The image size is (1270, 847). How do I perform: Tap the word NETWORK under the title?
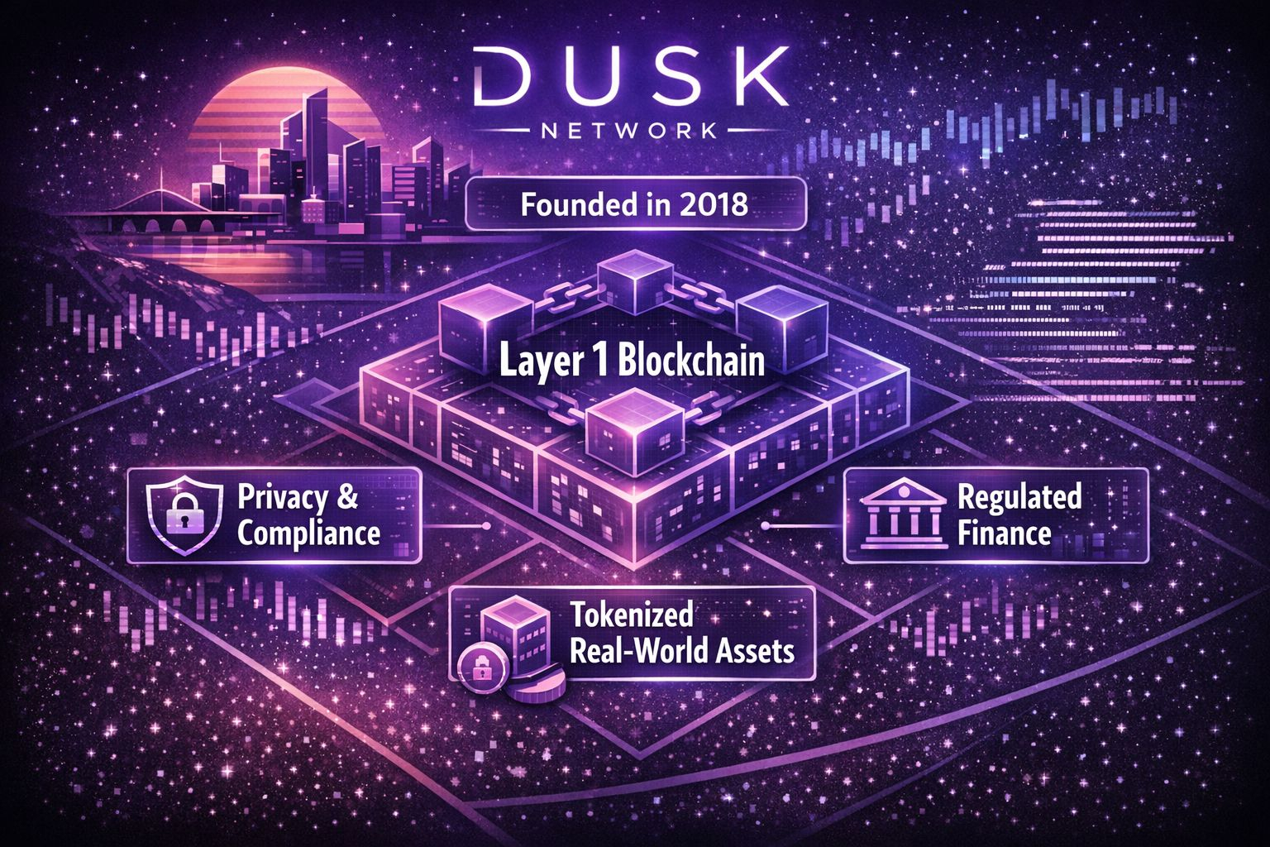click(x=633, y=131)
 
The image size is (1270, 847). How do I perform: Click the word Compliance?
click(x=308, y=533)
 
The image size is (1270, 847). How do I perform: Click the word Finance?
click(x=1004, y=534)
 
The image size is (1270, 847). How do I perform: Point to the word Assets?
click(x=756, y=651)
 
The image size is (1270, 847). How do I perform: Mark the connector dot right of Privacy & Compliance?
click(x=486, y=526)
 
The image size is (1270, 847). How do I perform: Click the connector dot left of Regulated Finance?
click(x=765, y=526)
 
